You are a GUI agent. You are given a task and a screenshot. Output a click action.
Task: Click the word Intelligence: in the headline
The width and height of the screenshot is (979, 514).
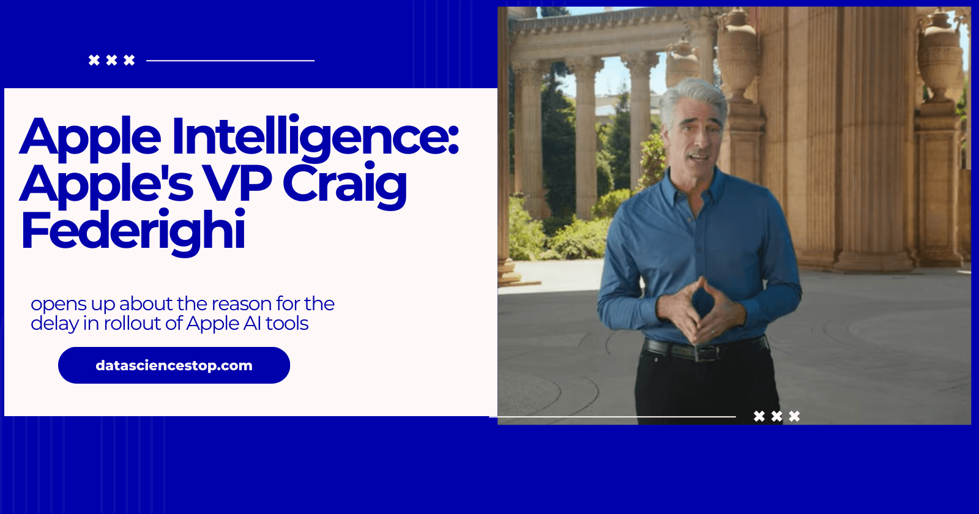click(315, 137)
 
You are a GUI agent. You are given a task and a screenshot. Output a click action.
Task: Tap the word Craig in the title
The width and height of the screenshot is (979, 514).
click(344, 184)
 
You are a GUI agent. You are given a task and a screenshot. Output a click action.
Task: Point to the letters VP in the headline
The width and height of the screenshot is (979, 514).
click(237, 184)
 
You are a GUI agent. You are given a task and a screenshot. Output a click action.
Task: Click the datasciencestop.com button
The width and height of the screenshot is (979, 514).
click(174, 365)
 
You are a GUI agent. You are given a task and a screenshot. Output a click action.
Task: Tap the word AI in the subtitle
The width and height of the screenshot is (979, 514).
click(252, 323)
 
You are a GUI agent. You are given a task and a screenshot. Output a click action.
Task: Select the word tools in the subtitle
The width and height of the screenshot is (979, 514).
click(287, 323)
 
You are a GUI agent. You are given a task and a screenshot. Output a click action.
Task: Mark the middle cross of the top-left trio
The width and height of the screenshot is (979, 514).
click(111, 60)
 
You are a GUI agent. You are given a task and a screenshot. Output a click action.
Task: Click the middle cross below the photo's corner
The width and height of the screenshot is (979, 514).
click(776, 416)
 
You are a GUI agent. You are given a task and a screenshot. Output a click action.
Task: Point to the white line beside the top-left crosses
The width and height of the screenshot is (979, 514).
click(230, 61)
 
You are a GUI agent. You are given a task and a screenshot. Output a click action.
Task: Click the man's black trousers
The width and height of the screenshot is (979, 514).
click(704, 392)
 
